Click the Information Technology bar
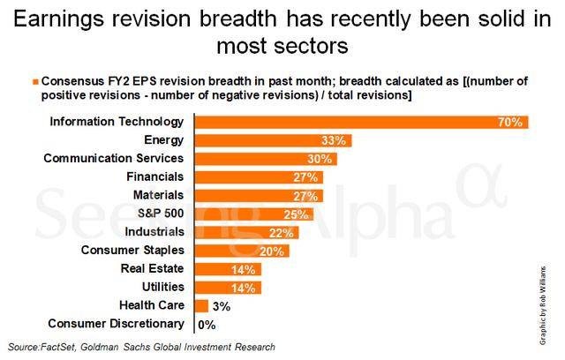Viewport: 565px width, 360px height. [361, 122]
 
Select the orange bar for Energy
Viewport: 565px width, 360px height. [273, 140]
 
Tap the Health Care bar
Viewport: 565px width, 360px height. [201, 306]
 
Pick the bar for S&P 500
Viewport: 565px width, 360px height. [254, 214]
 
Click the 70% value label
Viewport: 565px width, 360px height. [510, 122]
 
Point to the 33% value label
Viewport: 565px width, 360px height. [334, 140]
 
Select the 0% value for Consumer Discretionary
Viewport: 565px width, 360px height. [207, 325]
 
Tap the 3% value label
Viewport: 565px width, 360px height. [222, 306]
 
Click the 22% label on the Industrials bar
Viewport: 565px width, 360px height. [281, 233]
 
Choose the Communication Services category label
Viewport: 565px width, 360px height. [114, 159]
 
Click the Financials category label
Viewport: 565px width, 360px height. [155, 176]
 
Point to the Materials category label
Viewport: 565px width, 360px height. [159, 195]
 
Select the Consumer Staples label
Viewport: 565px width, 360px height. [132, 251]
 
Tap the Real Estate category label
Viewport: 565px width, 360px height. [152, 268]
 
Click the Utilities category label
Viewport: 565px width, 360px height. [162, 287]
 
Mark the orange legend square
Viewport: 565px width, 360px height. [35, 82]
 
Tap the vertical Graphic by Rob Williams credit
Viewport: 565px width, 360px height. [543, 305]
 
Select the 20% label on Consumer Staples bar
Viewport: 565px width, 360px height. [271, 251]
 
